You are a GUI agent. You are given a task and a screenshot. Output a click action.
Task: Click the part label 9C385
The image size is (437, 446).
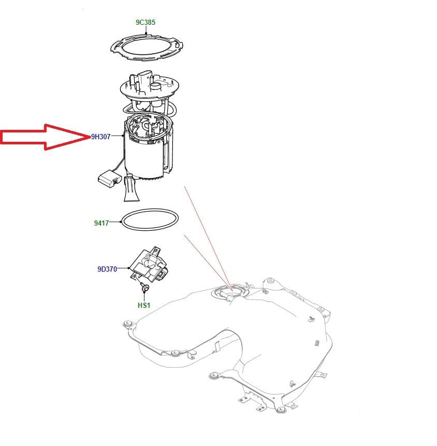click(145, 22)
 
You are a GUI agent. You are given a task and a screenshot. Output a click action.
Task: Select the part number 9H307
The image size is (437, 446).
click(101, 137)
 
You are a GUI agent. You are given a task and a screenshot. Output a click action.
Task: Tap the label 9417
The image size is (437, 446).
click(101, 223)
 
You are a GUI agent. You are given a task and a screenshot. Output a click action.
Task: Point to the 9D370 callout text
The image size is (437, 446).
click(107, 269)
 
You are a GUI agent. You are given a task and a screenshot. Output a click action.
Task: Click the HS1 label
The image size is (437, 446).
click(144, 305)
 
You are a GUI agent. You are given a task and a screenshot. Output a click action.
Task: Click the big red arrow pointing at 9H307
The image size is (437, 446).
click(45, 137)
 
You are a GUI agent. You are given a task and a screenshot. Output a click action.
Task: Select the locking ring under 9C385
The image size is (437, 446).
click(147, 47)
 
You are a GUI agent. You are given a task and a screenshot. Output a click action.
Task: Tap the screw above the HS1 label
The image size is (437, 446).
click(144, 288)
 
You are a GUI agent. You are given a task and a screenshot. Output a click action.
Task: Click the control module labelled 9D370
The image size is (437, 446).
click(148, 265)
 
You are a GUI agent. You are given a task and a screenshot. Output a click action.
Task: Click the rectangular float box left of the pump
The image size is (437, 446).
click(110, 179)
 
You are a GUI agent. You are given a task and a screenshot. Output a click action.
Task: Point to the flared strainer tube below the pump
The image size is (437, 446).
click(131, 188)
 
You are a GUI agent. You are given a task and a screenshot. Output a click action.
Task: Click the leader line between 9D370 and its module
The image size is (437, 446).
click(123, 268)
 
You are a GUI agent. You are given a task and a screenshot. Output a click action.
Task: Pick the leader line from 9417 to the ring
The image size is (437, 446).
click(115, 222)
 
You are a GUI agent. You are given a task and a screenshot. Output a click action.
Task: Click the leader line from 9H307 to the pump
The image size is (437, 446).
click(116, 136)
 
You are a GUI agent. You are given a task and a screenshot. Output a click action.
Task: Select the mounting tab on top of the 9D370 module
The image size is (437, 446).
click(156, 250)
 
